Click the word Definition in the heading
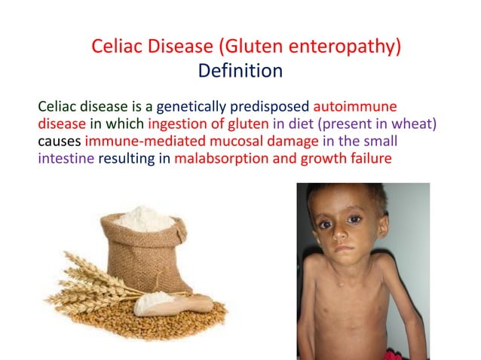click(240, 72)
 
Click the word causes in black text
click(60, 141)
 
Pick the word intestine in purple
click(66, 158)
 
